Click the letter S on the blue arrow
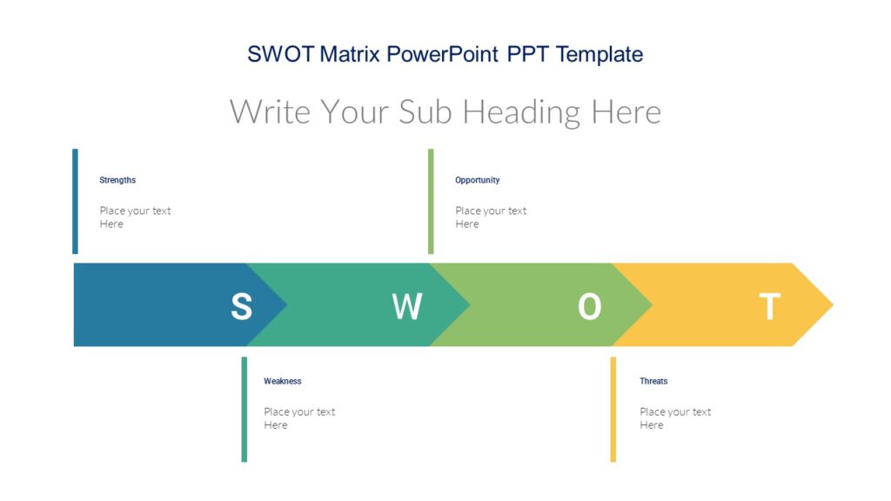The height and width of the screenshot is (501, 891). pyautogui.click(x=241, y=306)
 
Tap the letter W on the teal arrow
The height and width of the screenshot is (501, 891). pyautogui.click(x=406, y=306)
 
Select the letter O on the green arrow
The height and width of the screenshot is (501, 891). pyautogui.click(x=589, y=306)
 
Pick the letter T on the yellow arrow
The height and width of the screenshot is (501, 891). pyautogui.click(x=769, y=306)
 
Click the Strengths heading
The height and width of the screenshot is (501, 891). pyautogui.click(x=117, y=180)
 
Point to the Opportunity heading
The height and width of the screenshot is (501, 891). pyautogui.click(x=477, y=180)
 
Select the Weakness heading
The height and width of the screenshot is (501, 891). pyautogui.click(x=283, y=381)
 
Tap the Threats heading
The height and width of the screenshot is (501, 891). pyautogui.click(x=653, y=381)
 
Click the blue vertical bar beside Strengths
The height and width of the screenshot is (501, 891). pyautogui.click(x=75, y=201)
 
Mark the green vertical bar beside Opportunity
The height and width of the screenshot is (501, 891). pyautogui.click(x=431, y=201)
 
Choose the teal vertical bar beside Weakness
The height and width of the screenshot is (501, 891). pyautogui.click(x=245, y=409)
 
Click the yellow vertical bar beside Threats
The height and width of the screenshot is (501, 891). pyautogui.click(x=613, y=409)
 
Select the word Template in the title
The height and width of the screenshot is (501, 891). pyautogui.click(x=600, y=54)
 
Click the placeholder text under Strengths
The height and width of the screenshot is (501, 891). pyautogui.click(x=135, y=217)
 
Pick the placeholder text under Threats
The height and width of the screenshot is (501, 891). pyautogui.click(x=675, y=418)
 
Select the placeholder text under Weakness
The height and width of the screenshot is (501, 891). pyautogui.click(x=299, y=418)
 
